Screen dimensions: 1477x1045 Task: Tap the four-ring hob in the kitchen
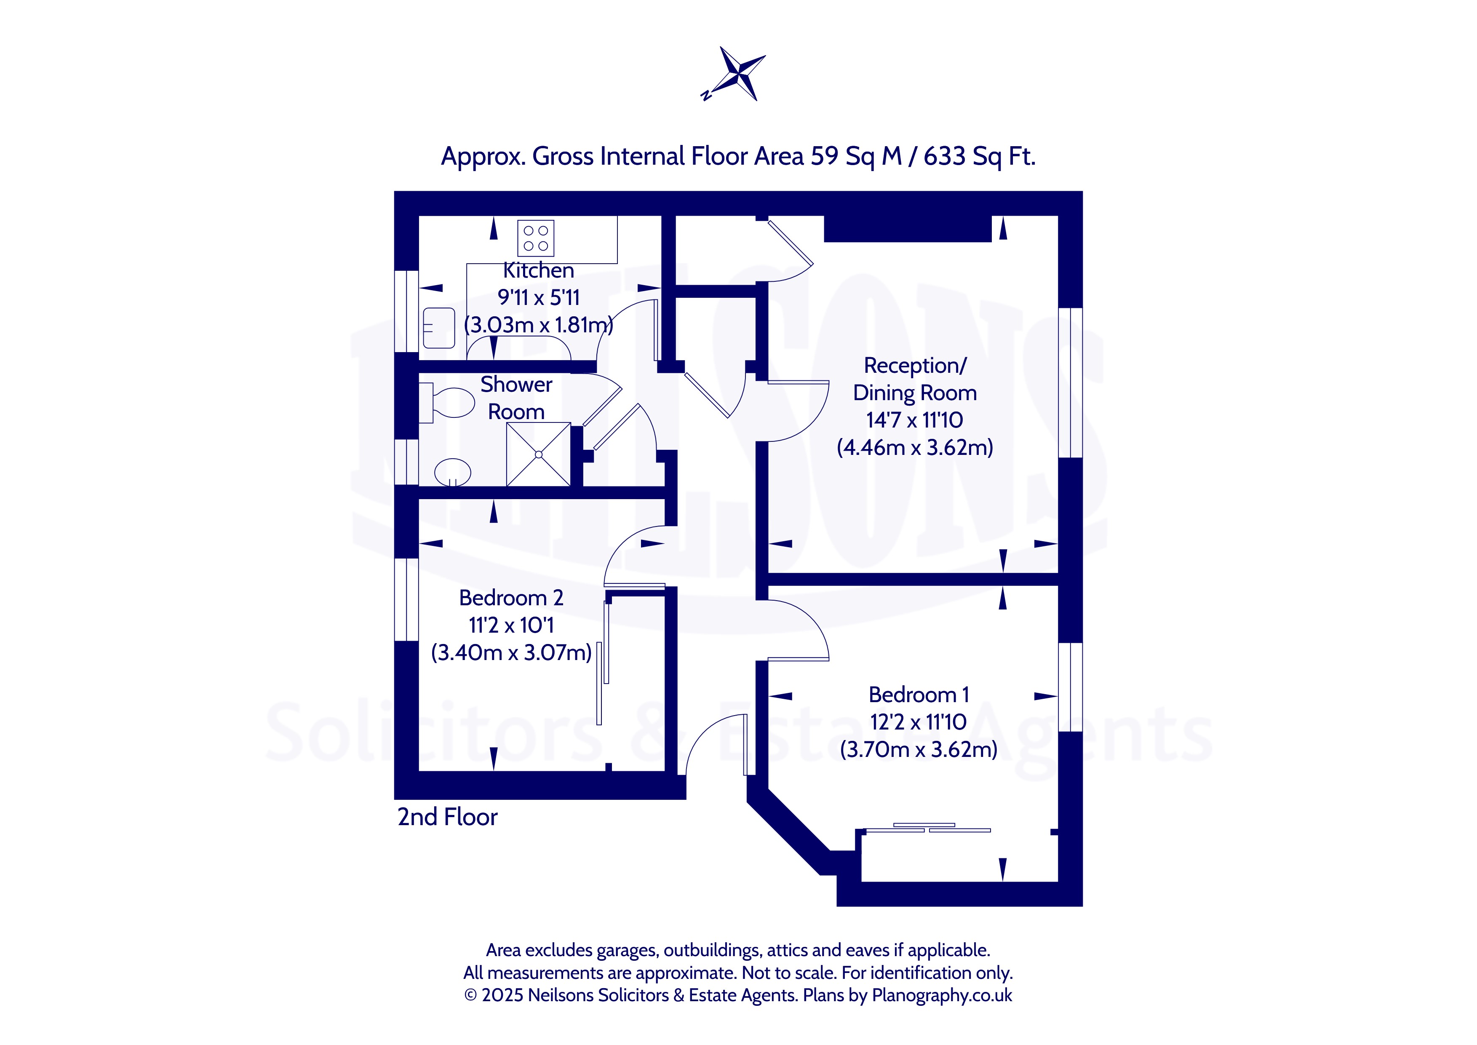535,238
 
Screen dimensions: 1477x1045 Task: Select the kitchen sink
439,328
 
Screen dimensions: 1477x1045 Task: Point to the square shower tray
538,454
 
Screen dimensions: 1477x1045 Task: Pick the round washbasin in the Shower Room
452,472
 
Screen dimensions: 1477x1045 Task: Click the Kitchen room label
538,270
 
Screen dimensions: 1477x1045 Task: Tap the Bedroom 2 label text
511,598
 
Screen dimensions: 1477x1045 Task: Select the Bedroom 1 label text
919,695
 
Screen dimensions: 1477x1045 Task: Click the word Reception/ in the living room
915,366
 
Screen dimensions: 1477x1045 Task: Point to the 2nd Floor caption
448,817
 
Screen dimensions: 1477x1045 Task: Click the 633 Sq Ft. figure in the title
979,156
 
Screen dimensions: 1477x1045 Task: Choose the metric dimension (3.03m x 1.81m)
538,324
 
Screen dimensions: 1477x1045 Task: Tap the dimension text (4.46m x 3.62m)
915,447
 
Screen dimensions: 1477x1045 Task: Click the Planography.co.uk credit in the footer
942,995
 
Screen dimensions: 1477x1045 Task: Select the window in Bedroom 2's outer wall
406,599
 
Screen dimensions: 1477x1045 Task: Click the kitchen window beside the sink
406,311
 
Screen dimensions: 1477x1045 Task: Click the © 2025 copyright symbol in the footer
471,995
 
